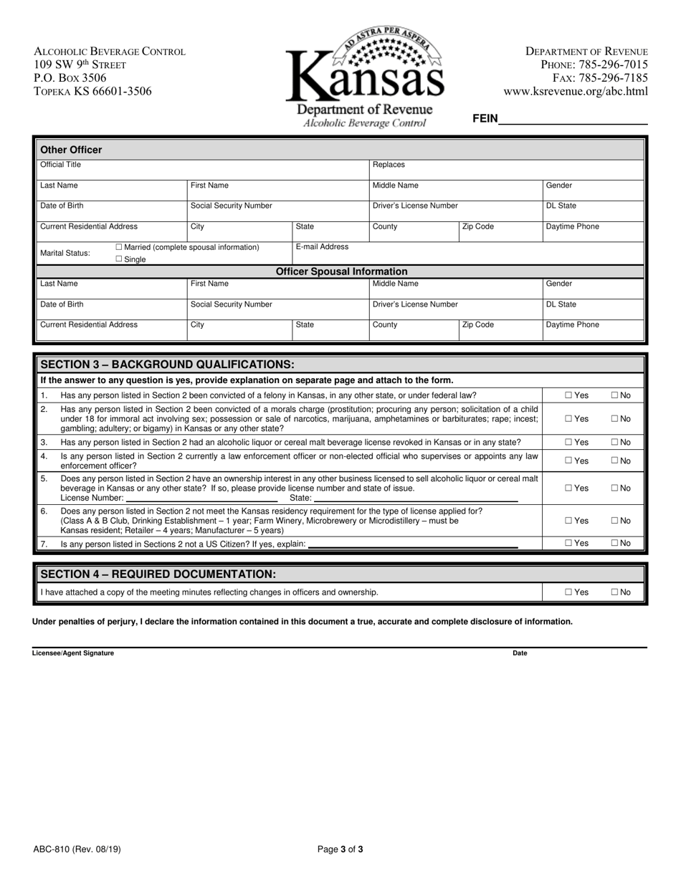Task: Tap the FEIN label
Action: (485, 119)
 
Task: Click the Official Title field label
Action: (60, 165)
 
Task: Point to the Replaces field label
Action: (389, 165)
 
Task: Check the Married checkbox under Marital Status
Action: (119, 247)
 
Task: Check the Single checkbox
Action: (119, 259)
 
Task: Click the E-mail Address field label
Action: (322, 247)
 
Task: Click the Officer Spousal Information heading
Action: (341, 271)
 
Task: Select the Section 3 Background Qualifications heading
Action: (167, 364)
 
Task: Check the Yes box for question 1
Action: (568, 395)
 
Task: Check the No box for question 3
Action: (614, 443)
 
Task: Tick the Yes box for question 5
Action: (568, 488)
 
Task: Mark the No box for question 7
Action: (614, 544)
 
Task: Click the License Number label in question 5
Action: (92, 498)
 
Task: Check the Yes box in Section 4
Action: (568, 592)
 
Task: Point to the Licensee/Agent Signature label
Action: (73, 653)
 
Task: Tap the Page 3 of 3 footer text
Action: (340, 850)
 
